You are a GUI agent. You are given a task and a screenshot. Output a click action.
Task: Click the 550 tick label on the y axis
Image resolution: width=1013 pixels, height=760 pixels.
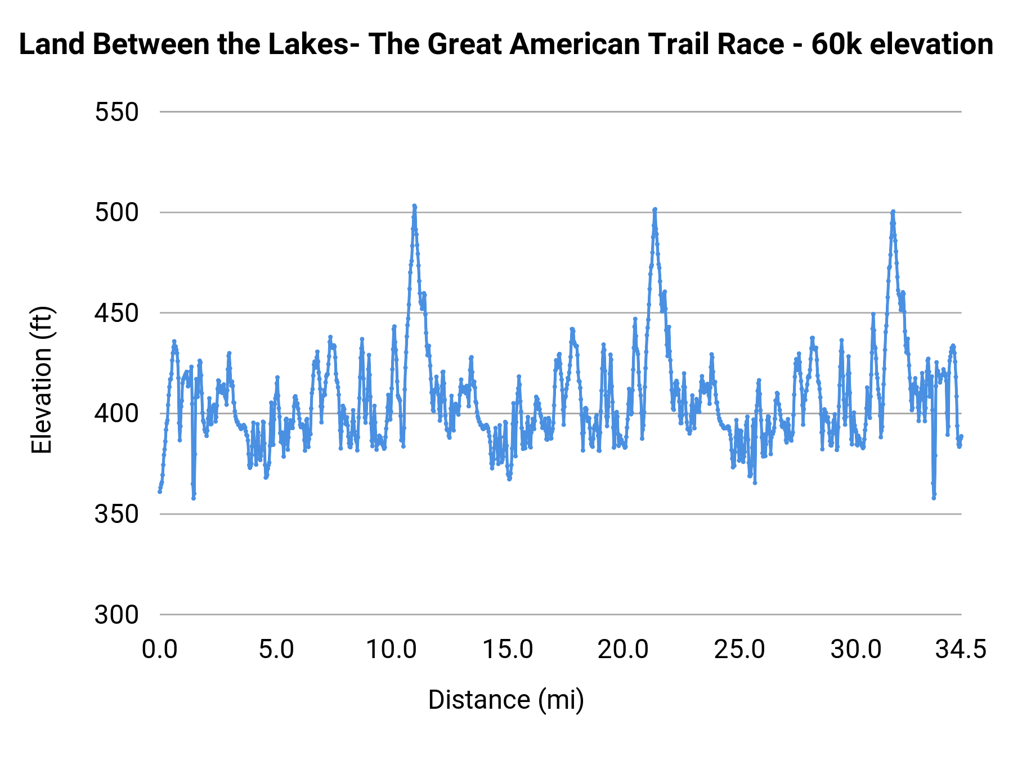116,113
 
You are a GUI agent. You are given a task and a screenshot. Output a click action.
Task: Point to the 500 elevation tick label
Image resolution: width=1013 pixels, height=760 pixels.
116,213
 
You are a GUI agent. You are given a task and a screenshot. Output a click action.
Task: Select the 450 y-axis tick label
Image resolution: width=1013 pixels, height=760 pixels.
116,314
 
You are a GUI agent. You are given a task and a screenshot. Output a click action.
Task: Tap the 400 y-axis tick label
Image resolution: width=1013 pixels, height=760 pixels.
116,414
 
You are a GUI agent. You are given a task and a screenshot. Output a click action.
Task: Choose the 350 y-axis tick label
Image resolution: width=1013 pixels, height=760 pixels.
116,515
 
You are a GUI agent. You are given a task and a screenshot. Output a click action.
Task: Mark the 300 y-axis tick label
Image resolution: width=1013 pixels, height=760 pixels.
116,615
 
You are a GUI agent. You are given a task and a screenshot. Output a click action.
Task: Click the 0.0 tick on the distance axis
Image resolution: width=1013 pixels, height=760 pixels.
160,650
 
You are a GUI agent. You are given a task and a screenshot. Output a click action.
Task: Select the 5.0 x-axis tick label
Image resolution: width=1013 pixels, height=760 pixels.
276,650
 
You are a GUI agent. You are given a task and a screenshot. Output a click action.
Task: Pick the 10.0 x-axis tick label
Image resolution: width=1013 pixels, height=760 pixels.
392,650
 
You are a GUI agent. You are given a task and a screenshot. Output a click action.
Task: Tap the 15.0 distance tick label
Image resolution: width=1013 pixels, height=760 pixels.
508,650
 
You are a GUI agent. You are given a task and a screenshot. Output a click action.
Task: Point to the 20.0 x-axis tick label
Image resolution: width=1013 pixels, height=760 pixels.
624,650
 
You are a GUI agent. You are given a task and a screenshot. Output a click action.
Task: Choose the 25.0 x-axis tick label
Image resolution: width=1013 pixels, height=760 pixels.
739,650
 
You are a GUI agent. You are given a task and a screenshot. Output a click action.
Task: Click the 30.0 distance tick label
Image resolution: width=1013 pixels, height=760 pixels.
856,650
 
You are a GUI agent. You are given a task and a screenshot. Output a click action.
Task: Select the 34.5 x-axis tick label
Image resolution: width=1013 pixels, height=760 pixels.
961,650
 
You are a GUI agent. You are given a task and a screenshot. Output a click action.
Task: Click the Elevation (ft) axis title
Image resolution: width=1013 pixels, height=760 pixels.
42,380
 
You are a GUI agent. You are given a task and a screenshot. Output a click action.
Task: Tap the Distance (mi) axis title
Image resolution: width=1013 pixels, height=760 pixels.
506,700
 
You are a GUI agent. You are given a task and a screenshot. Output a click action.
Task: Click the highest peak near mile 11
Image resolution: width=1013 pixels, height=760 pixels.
414,206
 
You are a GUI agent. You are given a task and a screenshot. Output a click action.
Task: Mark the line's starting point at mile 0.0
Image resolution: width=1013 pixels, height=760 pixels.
160,491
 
